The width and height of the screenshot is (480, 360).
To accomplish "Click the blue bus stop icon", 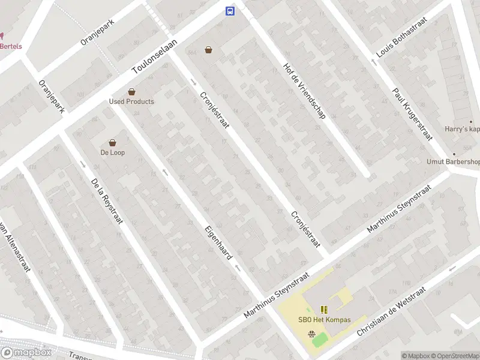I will pos(229,11).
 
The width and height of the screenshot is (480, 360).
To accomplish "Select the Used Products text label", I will pos(131,101).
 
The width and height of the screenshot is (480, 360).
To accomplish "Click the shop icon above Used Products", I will pos(131,92).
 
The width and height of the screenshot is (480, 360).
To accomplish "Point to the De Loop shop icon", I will pos(112,143).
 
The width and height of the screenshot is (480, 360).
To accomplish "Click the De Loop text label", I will pos(112,152).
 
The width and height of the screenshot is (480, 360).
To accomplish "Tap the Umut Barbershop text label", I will pos(454,161).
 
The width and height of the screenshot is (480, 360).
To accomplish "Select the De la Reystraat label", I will pos(107,201).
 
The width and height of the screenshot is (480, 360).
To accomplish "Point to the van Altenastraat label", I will pos(15,246).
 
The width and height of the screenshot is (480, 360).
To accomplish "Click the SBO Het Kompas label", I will pos(325,320).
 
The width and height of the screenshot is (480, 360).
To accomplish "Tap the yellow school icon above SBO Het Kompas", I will pos(325,310).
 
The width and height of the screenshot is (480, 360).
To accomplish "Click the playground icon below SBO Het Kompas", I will pos(311,335).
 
